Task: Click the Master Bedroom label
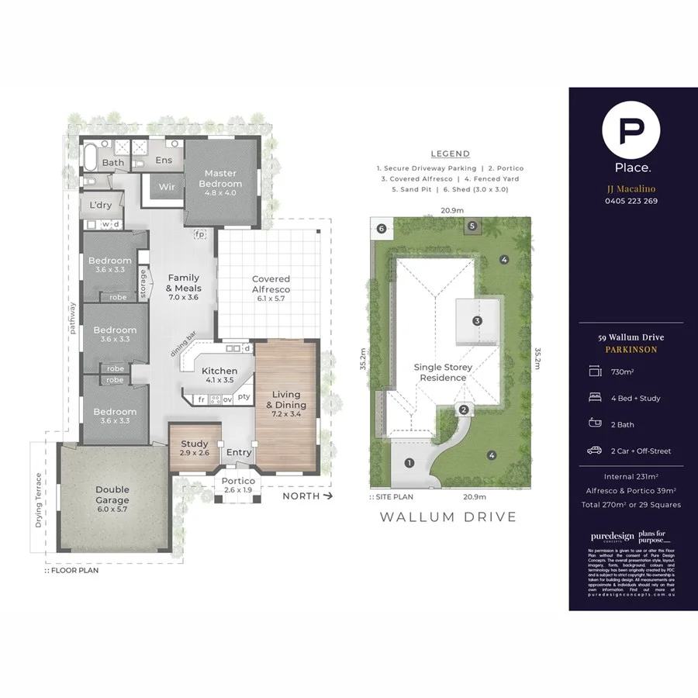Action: pyautogui.click(x=221, y=178)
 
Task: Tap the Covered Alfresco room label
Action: pyautogui.click(x=271, y=284)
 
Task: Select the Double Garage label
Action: pyautogui.click(x=112, y=494)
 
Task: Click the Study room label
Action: pyautogui.click(x=194, y=448)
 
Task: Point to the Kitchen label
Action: pyautogui.click(x=219, y=375)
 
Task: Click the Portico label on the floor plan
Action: pyautogui.click(x=238, y=485)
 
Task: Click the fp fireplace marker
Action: pyautogui.click(x=199, y=233)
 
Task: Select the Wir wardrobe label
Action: pyautogui.click(x=166, y=187)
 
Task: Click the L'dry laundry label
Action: pyautogui.click(x=101, y=205)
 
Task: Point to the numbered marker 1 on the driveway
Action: pyautogui.click(x=409, y=464)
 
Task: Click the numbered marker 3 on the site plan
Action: pyautogui.click(x=477, y=320)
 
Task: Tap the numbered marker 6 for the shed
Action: pyautogui.click(x=382, y=228)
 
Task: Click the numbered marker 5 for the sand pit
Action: pyautogui.click(x=472, y=226)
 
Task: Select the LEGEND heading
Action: pyautogui.click(x=450, y=154)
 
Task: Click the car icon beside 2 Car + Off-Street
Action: pyautogui.click(x=596, y=451)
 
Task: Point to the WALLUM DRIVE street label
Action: pyautogui.click(x=447, y=517)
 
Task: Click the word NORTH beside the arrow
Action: pyautogui.click(x=300, y=496)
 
